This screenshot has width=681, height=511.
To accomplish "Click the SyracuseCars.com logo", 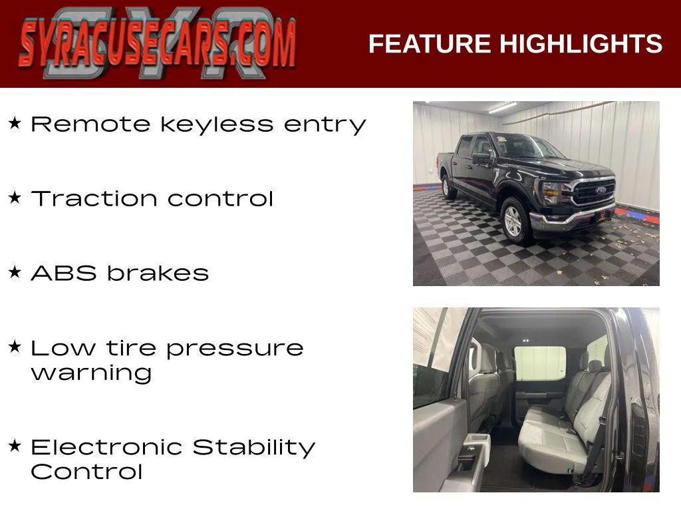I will pos(157,43).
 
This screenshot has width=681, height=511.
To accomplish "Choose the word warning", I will pos(91,373).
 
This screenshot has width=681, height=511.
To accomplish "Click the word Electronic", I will pos(107,447).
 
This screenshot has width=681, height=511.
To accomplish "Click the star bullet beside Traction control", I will pos(15,198).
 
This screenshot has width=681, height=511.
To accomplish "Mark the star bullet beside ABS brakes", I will pos(15,272).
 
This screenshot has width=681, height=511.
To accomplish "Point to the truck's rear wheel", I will pos(450,187).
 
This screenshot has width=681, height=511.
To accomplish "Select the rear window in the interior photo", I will pos(539,363).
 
